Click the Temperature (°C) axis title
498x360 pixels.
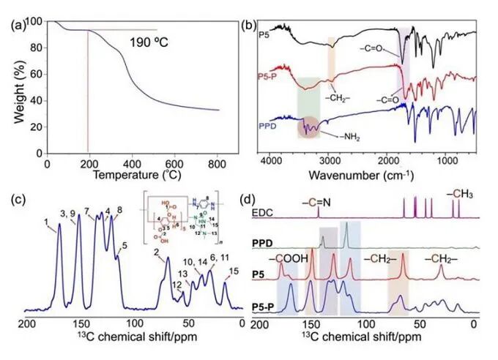tap(133, 177)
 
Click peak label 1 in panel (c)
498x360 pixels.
tap(46, 222)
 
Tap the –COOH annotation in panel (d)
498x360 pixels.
tap(285, 258)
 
